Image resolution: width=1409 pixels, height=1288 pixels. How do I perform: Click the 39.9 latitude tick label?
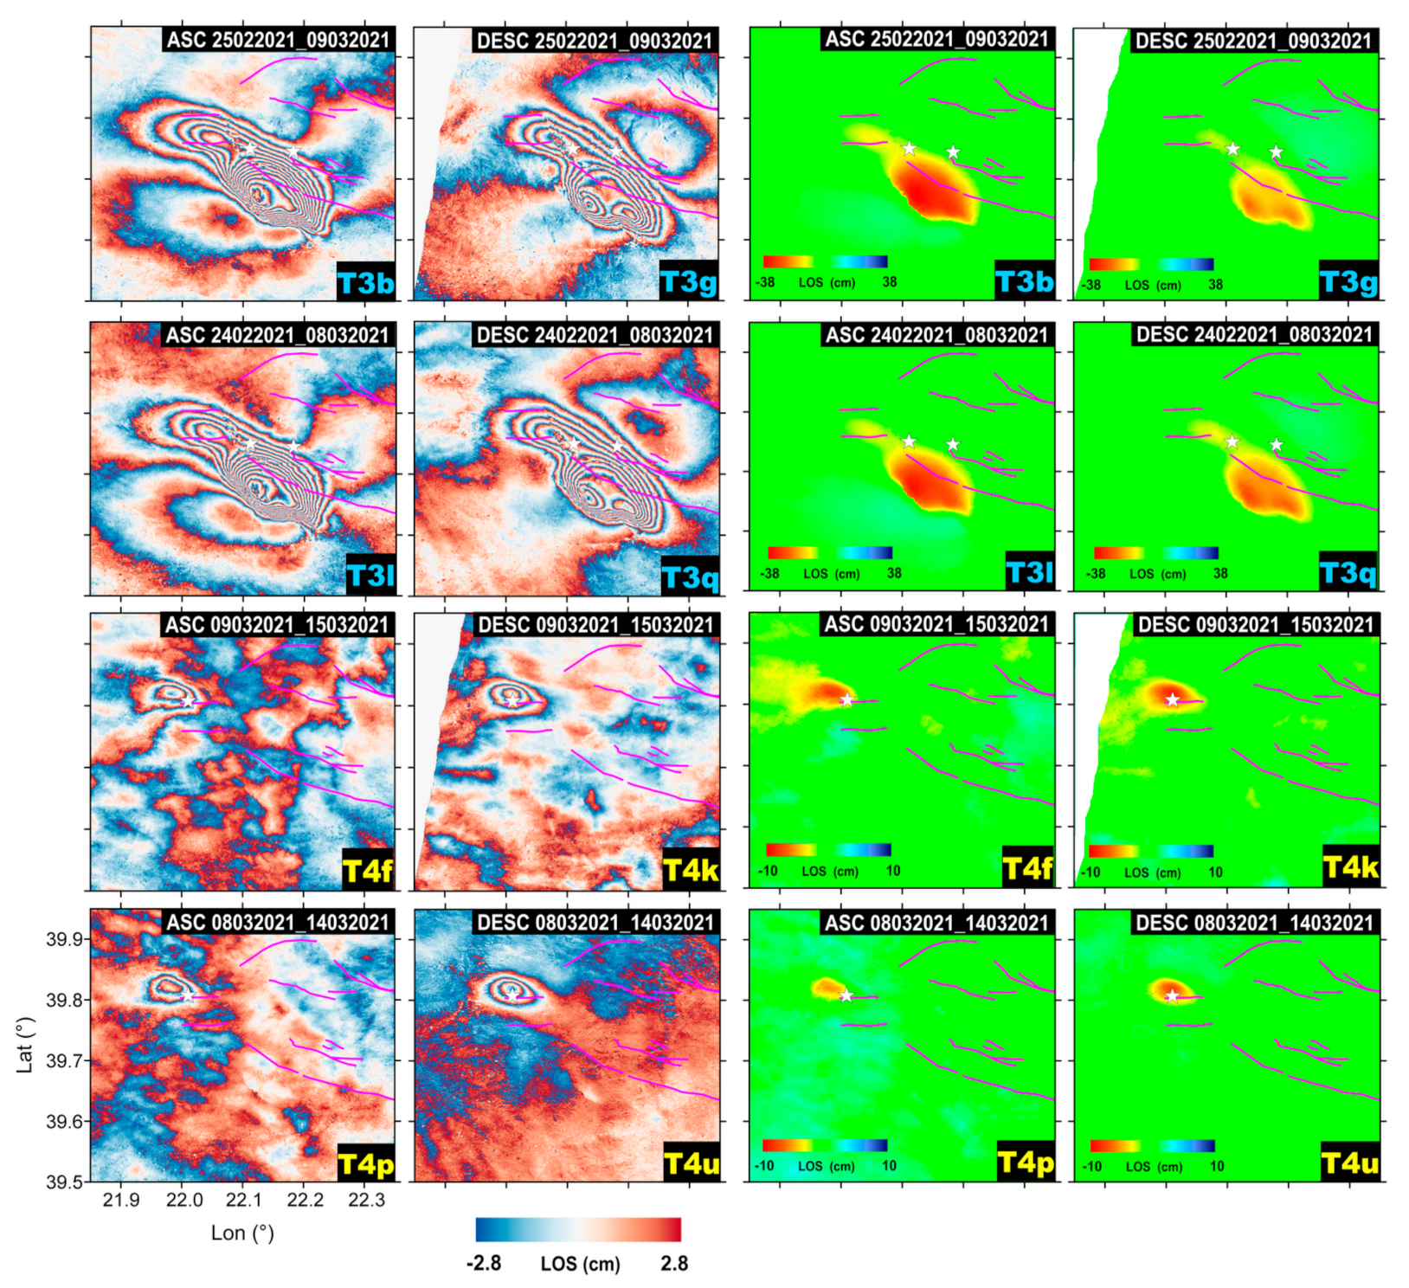tap(65, 939)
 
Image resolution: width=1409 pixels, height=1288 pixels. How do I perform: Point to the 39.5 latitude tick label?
tap(65, 1182)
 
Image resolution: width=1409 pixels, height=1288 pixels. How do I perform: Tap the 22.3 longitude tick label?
tap(366, 1200)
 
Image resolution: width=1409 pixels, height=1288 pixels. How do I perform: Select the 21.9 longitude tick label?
tap(121, 1200)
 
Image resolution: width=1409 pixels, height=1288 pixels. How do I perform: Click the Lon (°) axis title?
tap(242, 1233)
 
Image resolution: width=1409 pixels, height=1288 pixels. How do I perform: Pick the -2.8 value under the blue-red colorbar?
tap(484, 1264)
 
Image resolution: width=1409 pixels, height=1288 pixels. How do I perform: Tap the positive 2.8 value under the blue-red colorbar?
tap(674, 1264)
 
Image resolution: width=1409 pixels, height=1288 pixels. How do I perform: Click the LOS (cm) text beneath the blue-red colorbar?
tap(580, 1265)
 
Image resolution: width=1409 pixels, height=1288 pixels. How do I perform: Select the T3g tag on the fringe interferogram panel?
tap(689, 282)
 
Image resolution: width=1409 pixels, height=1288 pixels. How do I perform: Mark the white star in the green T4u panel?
tap(1172, 996)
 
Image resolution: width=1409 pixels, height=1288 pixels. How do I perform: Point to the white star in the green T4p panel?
tap(846, 996)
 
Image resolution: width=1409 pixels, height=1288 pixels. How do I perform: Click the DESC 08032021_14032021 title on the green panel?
tap(1255, 923)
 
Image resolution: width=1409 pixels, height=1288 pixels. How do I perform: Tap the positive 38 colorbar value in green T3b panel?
tap(890, 282)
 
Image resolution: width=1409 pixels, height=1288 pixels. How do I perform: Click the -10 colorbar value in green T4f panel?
tap(768, 871)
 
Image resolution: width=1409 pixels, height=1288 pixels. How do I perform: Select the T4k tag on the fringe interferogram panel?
tap(690, 870)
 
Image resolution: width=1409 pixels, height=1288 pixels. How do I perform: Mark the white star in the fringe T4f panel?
tap(189, 701)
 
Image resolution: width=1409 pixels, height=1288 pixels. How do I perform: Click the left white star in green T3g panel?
tap(1232, 149)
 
